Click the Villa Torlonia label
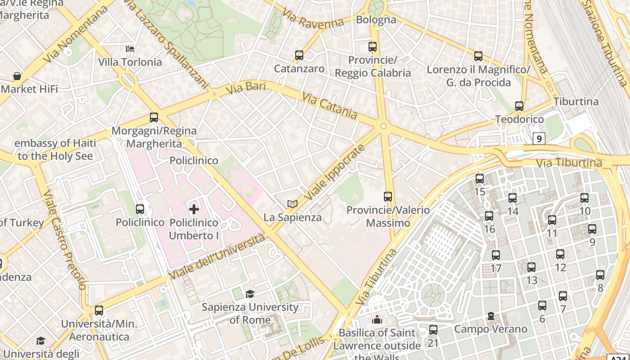coord(130,62)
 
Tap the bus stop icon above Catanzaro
coord(299,55)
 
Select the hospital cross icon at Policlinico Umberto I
coord(194,209)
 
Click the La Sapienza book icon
coord(292,204)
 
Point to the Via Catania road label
coord(330,106)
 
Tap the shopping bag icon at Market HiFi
coord(17,76)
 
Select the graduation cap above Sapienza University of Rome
coord(250,294)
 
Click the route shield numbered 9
coord(539,139)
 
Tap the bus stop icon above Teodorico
coord(519,106)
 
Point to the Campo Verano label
coord(490,329)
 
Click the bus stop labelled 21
coord(433,330)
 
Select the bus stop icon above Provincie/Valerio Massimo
coord(388,197)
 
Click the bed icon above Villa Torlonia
coord(130,49)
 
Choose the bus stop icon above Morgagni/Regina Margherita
coord(154,117)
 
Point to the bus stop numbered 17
coord(496,255)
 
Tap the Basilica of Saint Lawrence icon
coord(377,320)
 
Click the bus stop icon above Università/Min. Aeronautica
coord(99,310)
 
